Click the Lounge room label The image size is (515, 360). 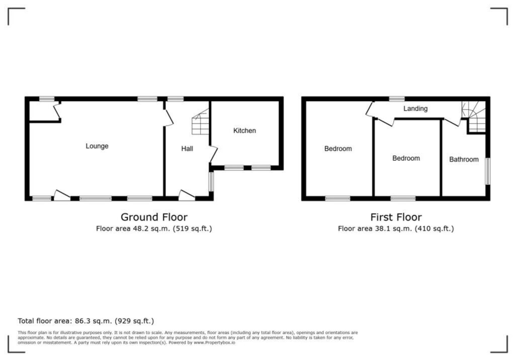pyautogui.click(x=97, y=146)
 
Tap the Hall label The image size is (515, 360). pyautogui.click(x=187, y=149)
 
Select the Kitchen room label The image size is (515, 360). pyautogui.click(x=244, y=131)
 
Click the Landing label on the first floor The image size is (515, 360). pyautogui.click(x=415, y=109)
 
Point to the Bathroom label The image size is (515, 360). pyautogui.click(x=464, y=159)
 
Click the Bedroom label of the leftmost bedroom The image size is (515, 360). pyautogui.click(x=338, y=149)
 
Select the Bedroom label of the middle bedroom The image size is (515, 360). pyautogui.click(x=406, y=158)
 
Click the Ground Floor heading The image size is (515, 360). pyautogui.click(x=154, y=217)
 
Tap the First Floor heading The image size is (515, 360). pyautogui.click(x=396, y=217)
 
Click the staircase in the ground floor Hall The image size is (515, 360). pyautogui.click(x=201, y=123)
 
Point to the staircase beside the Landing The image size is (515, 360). pyautogui.click(x=475, y=117)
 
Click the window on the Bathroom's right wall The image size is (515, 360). pyautogui.click(x=487, y=171)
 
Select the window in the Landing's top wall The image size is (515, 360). pyautogui.click(x=397, y=99)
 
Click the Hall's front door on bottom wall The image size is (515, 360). pyautogui.click(x=187, y=196)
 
